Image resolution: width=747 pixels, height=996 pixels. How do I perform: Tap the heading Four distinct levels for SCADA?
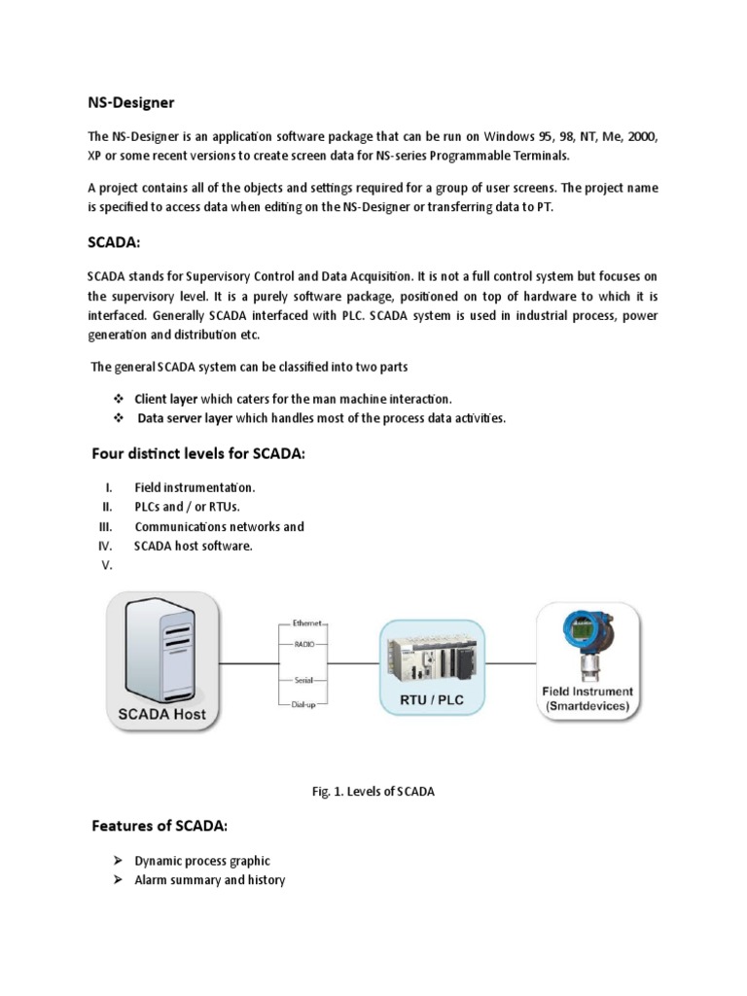(x=198, y=454)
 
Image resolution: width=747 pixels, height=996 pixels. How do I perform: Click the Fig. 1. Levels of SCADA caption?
(x=373, y=792)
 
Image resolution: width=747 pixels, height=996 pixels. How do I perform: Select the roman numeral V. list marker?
(x=108, y=566)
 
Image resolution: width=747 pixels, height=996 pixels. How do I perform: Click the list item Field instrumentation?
(x=195, y=487)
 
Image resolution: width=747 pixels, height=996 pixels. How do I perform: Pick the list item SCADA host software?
(x=194, y=546)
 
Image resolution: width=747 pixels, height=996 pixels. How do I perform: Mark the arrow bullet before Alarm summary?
(x=117, y=880)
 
